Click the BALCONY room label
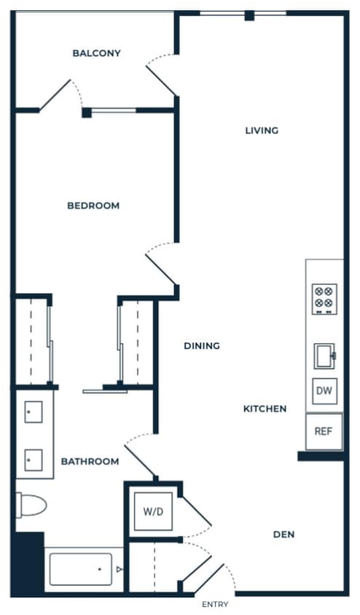(96, 53)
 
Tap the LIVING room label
(261, 130)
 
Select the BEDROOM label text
(93, 205)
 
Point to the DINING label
(202, 346)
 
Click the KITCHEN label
(265, 409)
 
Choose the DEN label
(283, 534)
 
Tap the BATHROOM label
(90, 461)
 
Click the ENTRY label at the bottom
(214, 604)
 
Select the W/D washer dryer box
(153, 510)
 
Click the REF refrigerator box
(324, 431)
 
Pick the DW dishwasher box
(324, 391)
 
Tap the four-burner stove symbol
(324, 299)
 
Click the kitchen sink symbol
(324, 356)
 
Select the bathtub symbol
(81, 569)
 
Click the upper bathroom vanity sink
(34, 412)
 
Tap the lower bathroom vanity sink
(34, 460)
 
